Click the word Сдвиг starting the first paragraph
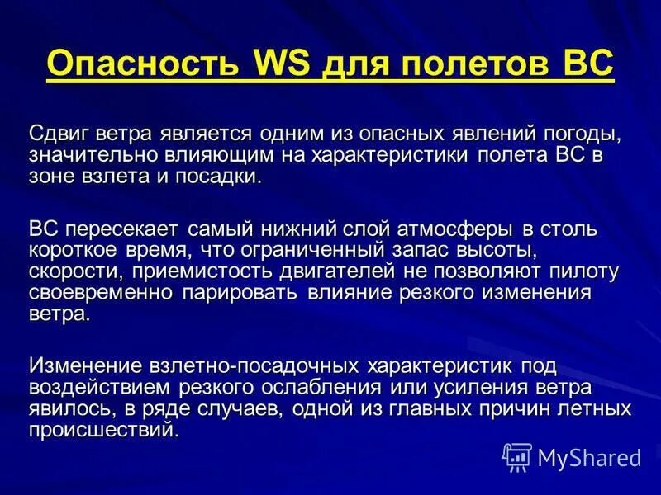click(x=60, y=134)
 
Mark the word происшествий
click(x=103, y=430)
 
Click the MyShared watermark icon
click(x=517, y=456)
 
